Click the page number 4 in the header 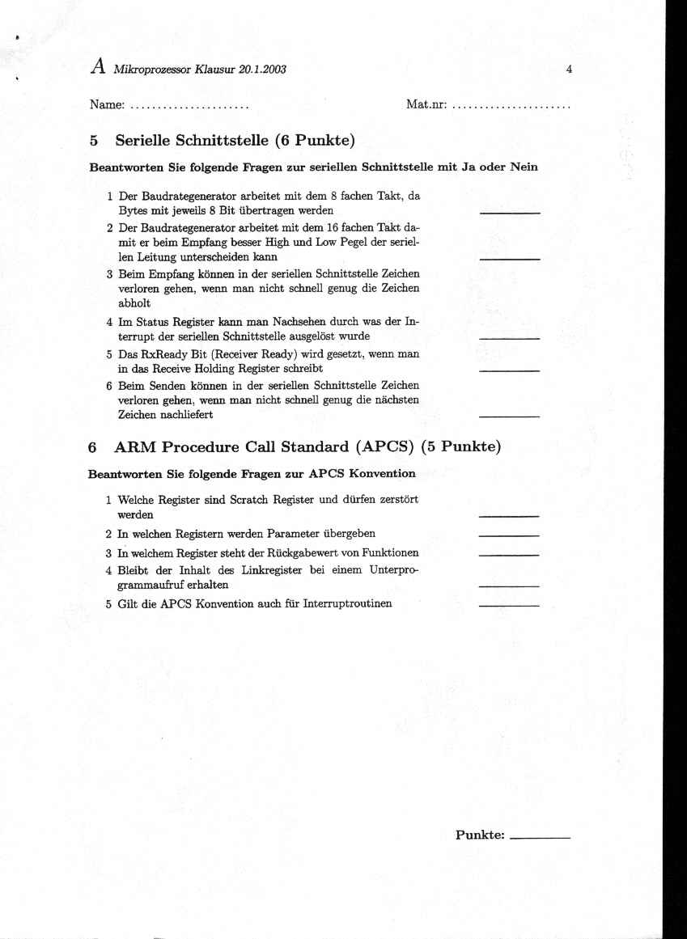click(570, 70)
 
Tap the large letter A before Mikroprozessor click(97, 67)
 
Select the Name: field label click(106, 105)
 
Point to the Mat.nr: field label click(426, 105)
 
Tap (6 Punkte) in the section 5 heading click(315, 141)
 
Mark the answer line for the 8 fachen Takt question click(510, 212)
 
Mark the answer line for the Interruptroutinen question click(509, 605)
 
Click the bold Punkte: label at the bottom click(480, 835)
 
